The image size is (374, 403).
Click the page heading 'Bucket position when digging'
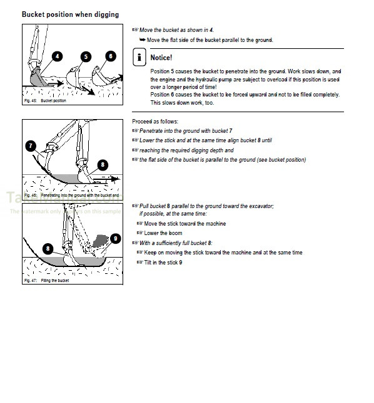point(70,14)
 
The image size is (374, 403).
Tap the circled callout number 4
point(58,56)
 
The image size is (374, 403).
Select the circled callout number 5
point(86,56)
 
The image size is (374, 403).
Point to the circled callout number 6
point(111,56)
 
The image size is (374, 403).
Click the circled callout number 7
point(31,145)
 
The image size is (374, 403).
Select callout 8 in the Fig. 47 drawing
point(48,248)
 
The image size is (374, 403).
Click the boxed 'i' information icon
point(139,58)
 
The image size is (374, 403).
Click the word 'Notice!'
point(161,58)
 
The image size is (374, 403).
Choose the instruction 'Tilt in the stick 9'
point(163,262)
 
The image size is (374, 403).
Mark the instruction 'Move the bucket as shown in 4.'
point(176,30)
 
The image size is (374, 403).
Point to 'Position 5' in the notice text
point(164,71)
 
